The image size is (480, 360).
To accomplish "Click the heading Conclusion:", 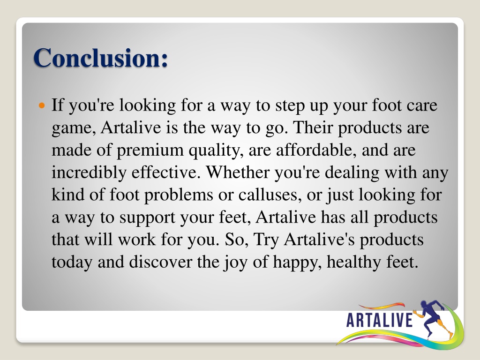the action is click(x=101, y=58).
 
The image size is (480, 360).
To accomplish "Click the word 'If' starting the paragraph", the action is click(x=58, y=105).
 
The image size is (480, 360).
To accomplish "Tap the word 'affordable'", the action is click(x=316, y=150).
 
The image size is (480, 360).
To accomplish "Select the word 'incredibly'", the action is click(x=89, y=172).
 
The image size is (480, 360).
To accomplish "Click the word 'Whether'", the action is click(x=238, y=172).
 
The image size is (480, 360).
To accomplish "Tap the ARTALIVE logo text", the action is click(x=379, y=320).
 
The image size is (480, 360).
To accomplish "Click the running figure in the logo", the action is click(x=434, y=318).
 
